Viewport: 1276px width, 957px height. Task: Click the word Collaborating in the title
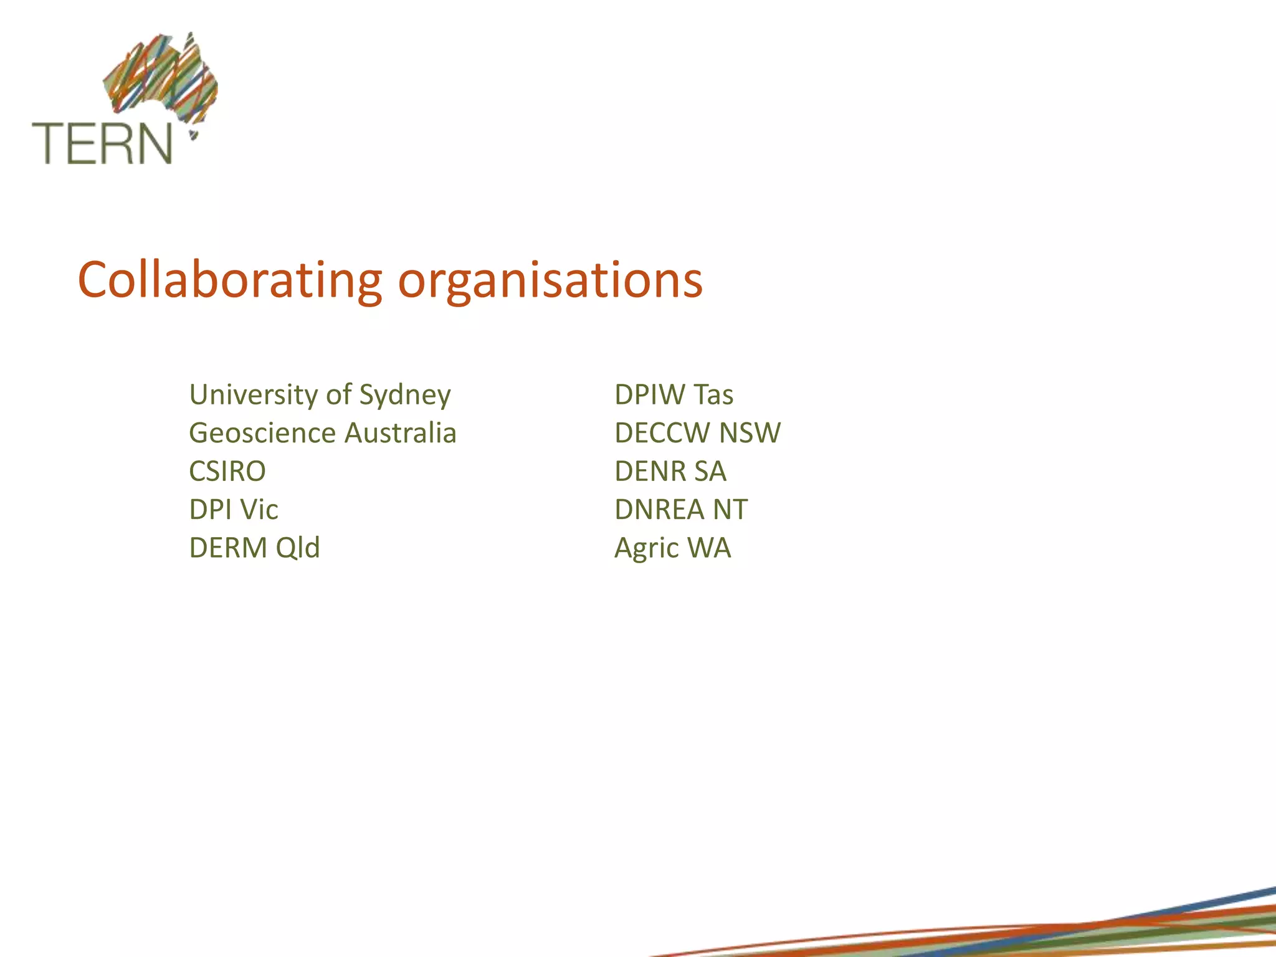click(229, 280)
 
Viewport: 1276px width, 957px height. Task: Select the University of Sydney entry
click(320, 396)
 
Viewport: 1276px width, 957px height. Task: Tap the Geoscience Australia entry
click(322, 433)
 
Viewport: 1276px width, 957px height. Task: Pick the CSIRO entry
click(227, 472)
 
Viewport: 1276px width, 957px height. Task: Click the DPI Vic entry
click(234, 510)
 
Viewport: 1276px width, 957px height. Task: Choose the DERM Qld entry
click(254, 548)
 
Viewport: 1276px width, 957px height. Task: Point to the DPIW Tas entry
click(674, 395)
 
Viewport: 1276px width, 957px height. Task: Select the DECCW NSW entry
click(697, 433)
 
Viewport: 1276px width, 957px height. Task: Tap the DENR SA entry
click(670, 472)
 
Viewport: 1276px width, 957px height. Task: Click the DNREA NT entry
click(681, 510)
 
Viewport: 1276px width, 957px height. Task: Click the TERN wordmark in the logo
click(102, 143)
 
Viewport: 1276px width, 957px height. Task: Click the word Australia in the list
click(400, 433)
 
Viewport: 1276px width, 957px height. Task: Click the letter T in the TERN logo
click(46, 143)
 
